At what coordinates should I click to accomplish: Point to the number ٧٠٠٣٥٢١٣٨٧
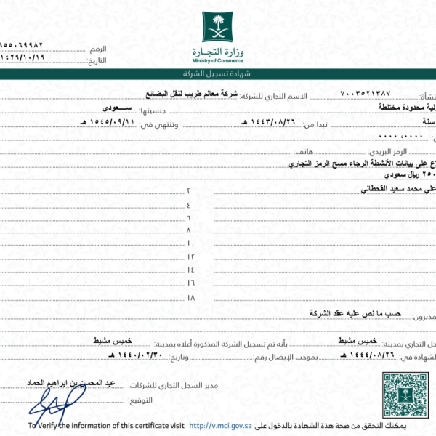(366, 95)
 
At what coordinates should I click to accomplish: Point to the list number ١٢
(191, 257)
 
